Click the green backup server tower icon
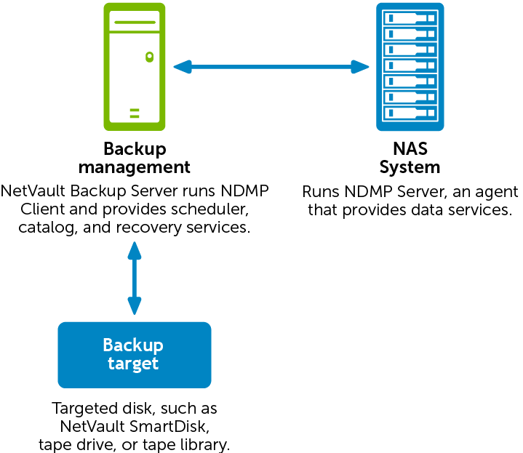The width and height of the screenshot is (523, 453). [x=135, y=66]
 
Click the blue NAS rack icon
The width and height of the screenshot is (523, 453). [x=410, y=66]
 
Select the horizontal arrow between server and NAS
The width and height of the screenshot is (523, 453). [x=272, y=67]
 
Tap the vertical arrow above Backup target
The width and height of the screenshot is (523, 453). [x=134, y=278]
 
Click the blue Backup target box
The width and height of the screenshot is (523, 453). [x=134, y=354]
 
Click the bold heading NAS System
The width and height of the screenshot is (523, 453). [x=410, y=158]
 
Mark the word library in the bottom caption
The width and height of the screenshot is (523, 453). [x=211, y=444]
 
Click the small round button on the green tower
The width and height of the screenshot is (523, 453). [x=150, y=56]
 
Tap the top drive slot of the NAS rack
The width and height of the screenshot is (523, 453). [x=410, y=17]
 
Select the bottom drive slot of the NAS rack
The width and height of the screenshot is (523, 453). [x=410, y=113]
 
